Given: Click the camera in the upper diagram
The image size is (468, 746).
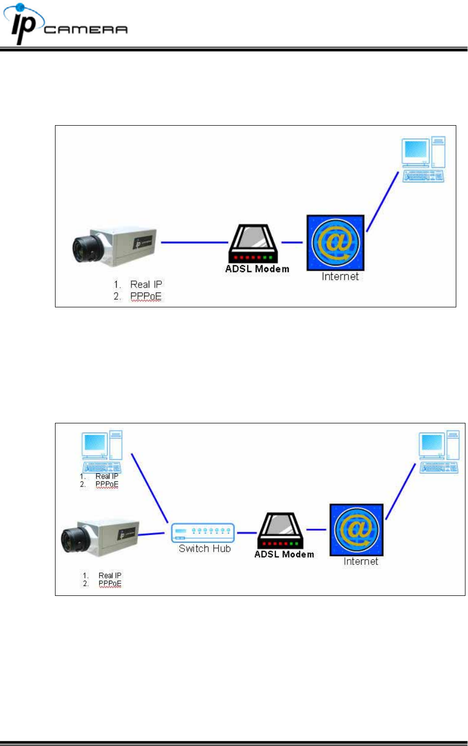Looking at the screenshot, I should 114,244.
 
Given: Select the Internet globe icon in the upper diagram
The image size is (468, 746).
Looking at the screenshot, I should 335,243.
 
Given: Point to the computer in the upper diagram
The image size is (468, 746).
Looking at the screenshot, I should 423,159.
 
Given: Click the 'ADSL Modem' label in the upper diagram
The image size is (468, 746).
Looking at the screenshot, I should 257,269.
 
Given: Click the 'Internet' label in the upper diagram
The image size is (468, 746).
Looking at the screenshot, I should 340,276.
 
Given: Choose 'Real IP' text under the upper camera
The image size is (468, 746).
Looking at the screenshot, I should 146,284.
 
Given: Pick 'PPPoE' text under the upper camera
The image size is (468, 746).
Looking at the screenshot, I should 146,296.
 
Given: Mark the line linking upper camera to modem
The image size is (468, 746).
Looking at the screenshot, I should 194,242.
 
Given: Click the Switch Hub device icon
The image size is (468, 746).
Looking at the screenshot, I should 203,532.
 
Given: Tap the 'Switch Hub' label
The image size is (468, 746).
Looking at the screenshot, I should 204,549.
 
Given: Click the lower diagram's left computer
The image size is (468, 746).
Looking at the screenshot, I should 102,452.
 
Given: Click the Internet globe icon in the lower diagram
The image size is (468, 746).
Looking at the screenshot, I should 356,529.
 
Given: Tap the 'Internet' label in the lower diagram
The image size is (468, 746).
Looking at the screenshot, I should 361,561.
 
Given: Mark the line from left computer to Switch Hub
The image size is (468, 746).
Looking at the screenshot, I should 150,487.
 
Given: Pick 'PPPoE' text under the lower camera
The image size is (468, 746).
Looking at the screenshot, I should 110,584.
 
